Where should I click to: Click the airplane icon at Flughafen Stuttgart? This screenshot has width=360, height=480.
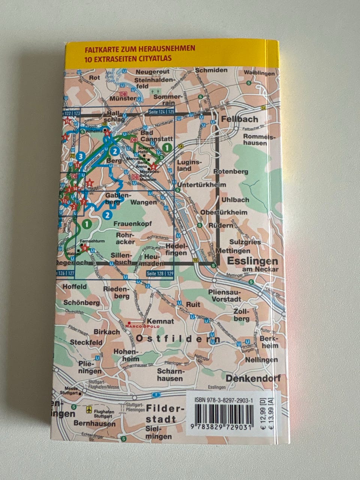pos(89,409)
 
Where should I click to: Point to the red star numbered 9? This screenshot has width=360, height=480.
pos(85,247)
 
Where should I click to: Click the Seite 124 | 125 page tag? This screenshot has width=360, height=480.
pos(161,111)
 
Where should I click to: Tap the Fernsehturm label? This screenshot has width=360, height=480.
pos(89,241)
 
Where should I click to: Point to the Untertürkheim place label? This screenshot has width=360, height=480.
pos(202,185)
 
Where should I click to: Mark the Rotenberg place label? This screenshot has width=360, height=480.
pos(231,171)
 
